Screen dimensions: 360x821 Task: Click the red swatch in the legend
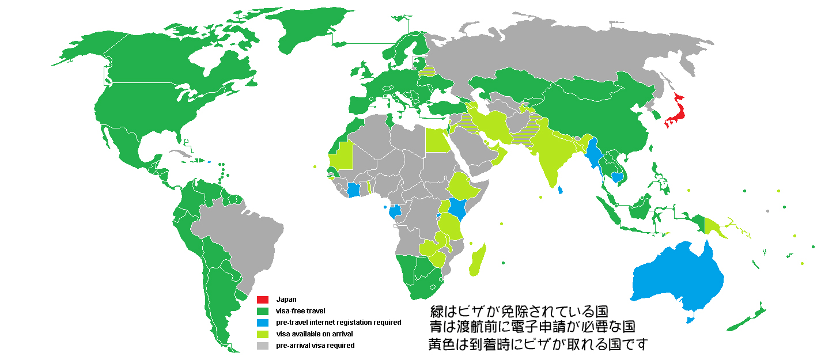263,300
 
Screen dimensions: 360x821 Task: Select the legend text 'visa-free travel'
300,311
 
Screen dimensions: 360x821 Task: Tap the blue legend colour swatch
263,323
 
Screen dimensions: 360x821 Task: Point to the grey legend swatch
263,346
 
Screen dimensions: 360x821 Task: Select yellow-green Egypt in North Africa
438,139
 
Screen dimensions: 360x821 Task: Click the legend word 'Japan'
286,300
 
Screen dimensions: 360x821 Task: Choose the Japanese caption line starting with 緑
519,312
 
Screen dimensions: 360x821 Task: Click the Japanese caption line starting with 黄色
538,344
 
